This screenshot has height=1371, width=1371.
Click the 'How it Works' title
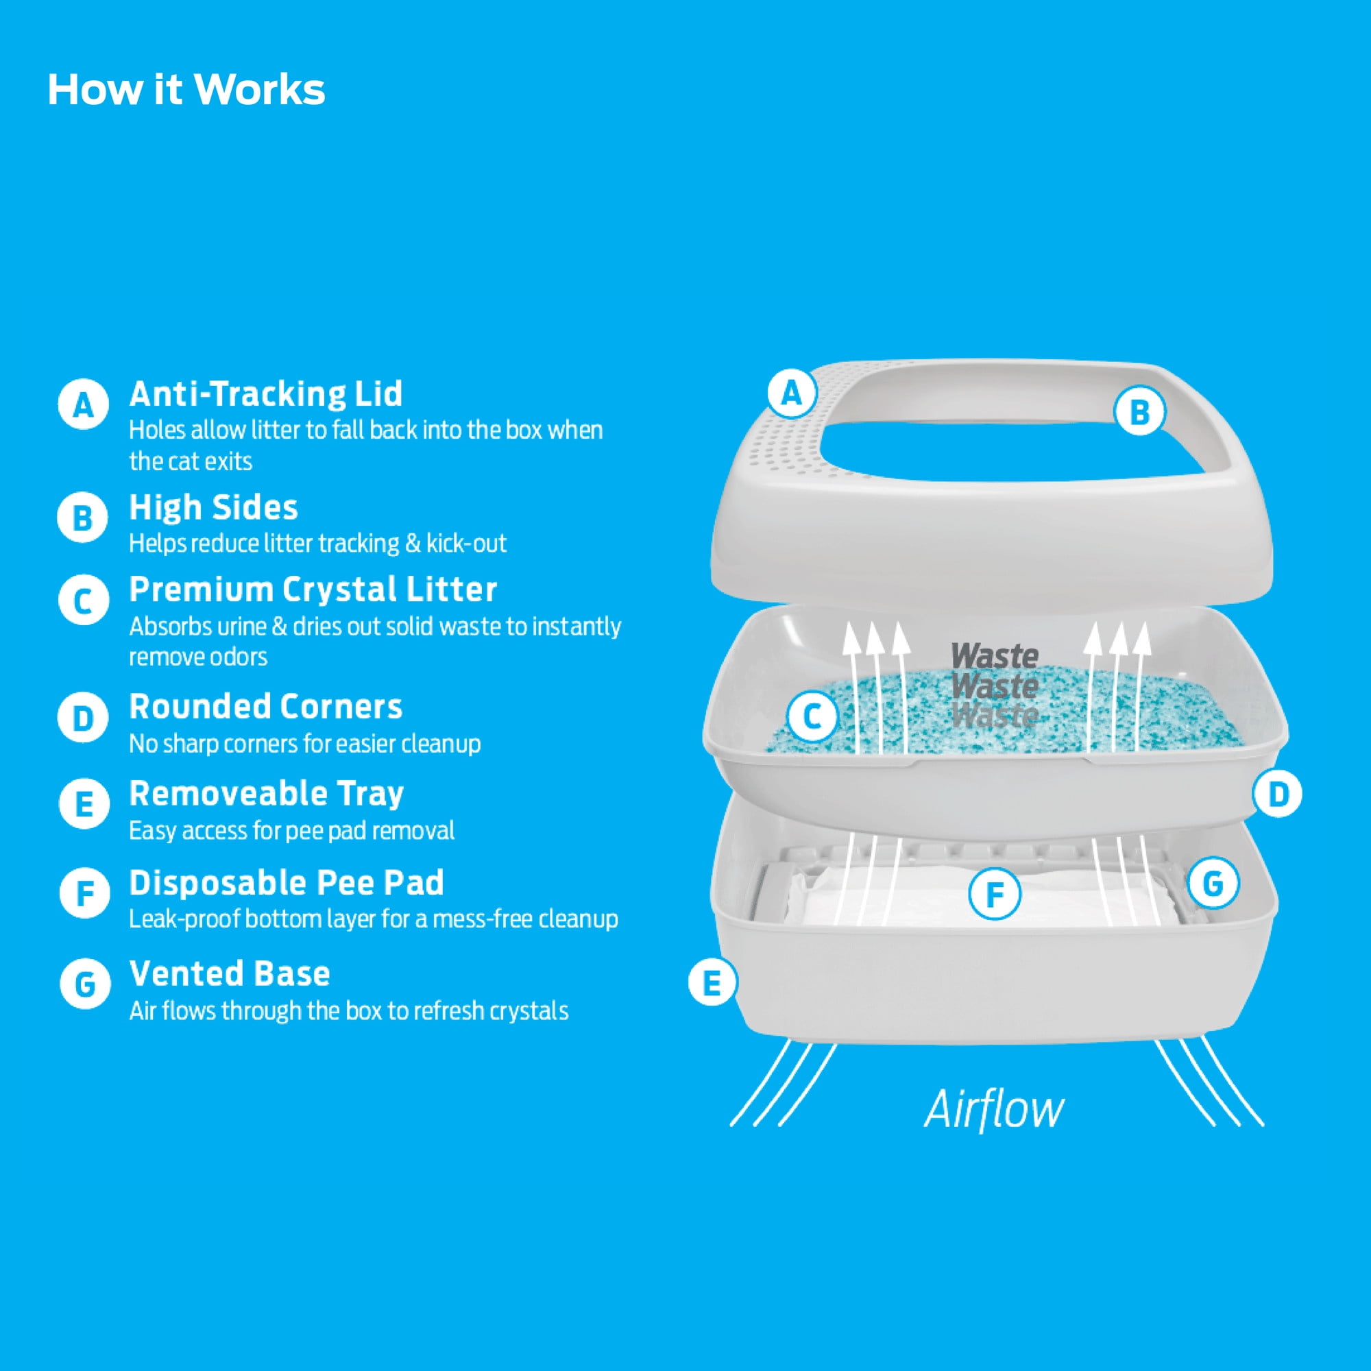(x=186, y=90)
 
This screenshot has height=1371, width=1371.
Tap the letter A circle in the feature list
(x=83, y=404)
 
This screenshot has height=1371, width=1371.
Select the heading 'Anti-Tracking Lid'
(x=265, y=394)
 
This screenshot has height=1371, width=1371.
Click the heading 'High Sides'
(x=213, y=507)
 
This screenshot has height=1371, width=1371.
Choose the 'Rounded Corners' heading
(x=265, y=707)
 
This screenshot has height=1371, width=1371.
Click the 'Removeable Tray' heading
(x=266, y=793)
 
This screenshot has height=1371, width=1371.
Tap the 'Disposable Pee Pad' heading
(x=286, y=883)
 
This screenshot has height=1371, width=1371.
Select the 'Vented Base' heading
(x=229, y=973)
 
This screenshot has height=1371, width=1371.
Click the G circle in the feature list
(x=84, y=984)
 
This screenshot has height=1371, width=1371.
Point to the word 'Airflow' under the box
(x=993, y=1110)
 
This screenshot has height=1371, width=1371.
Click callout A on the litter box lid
(x=791, y=392)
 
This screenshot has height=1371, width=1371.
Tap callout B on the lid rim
(x=1139, y=411)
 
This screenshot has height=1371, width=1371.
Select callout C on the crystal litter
(x=812, y=717)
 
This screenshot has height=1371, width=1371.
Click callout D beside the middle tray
(x=1277, y=794)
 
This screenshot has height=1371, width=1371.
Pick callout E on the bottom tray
(x=712, y=983)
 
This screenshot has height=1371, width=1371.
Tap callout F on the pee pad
(x=994, y=894)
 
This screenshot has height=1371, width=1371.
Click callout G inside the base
(x=1213, y=884)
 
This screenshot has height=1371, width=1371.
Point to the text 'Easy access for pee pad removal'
(x=291, y=831)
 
